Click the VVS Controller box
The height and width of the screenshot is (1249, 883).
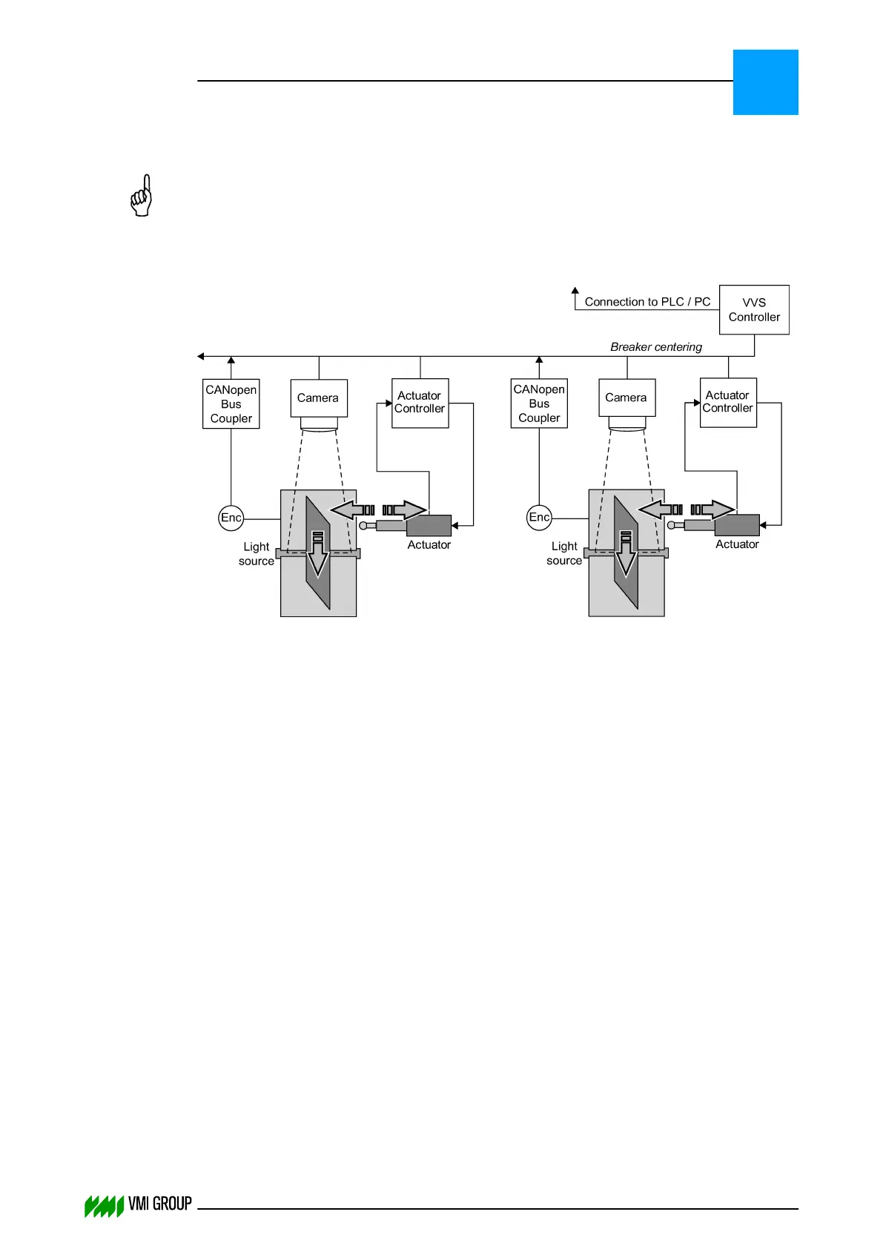[x=753, y=310]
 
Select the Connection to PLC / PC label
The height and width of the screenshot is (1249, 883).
[x=646, y=302]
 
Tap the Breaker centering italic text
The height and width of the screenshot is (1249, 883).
[x=655, y=347]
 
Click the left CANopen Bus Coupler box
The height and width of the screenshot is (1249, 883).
[x=231, y=404]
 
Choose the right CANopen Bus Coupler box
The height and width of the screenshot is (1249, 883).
[x=539, y=403]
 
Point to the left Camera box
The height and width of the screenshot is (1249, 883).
[x=319, y=398]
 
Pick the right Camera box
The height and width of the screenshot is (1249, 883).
[x=626, y=398]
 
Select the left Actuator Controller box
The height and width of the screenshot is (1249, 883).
[x=420, y=403]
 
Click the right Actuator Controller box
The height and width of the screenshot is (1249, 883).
[x=728, y=402]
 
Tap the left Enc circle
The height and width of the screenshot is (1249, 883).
[x=231, y=518]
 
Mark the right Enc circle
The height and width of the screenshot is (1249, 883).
[x=539, y=517]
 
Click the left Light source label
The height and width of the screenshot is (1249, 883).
[x=257, y=554]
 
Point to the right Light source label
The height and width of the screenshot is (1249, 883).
[x=564, y=553]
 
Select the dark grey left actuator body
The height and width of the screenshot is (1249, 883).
[x=429, y=525]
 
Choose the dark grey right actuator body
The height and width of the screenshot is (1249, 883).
[x=737, y=525]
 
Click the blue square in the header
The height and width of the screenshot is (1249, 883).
[x=765, y=82]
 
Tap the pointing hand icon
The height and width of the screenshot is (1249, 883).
[x=142, y=197]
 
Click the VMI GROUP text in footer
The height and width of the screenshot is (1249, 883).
[x=160, y=1204]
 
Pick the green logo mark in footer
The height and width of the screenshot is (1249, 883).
[x=104, y=1207]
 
